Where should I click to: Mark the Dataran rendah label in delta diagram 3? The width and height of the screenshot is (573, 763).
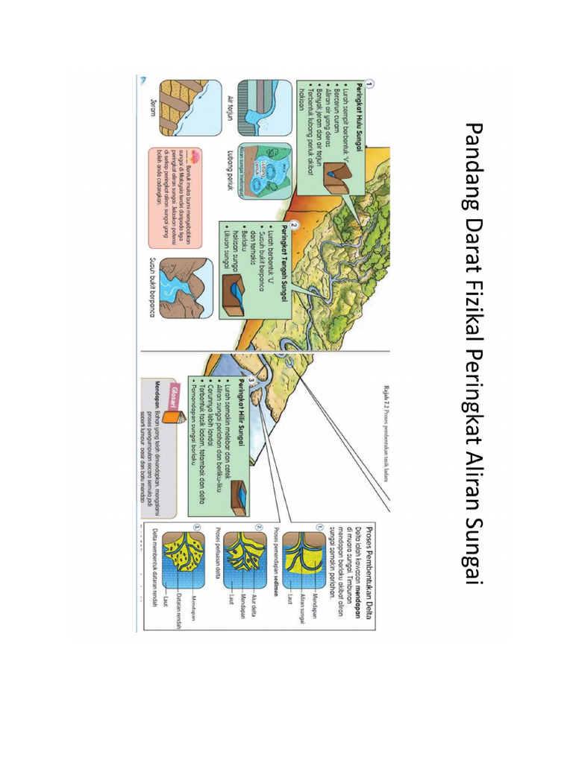(180, 603)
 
